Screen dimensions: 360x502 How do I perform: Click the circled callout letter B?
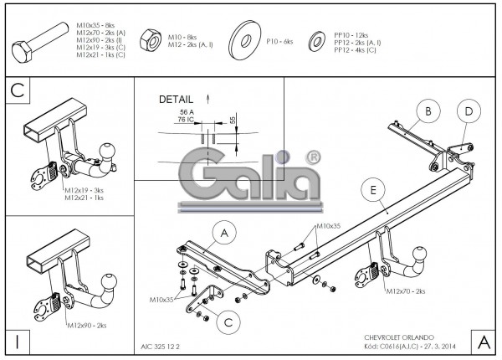(427, 111)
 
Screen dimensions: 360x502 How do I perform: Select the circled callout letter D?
(469, 111)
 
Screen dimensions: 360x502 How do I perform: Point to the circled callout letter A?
(224, 232)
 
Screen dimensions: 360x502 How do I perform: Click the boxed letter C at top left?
(17, 90)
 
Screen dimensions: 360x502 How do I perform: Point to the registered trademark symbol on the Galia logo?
(311, 157)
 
